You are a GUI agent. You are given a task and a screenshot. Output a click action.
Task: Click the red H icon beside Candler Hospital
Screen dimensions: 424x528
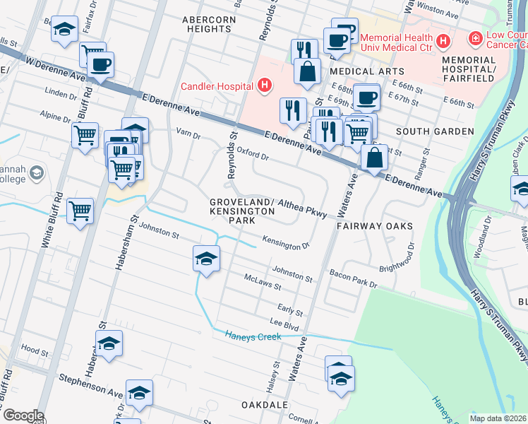264,86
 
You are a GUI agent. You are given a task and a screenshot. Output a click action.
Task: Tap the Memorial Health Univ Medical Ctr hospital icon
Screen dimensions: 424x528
443,42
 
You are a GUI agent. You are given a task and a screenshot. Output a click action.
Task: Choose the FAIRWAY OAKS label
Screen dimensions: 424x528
374,226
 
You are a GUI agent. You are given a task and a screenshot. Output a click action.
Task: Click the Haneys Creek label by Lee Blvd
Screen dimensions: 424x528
253,336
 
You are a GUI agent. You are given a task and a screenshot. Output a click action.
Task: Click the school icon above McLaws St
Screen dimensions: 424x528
206,259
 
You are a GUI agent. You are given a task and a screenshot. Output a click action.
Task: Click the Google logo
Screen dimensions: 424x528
23,416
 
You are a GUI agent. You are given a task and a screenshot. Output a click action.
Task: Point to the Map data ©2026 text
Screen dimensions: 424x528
497,418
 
